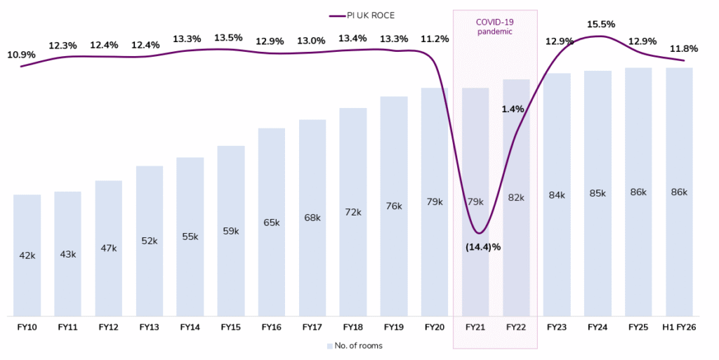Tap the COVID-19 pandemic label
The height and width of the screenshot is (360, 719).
494,27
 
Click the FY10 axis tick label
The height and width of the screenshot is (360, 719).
27,326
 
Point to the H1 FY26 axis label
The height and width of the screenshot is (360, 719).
679,326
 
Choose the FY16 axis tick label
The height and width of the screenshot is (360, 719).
271,326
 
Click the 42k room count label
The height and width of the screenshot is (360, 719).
27,255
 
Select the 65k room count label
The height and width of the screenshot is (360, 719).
271,222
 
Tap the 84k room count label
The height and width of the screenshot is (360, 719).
556,195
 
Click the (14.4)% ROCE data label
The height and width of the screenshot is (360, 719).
482,247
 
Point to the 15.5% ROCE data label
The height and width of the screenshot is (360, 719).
601,25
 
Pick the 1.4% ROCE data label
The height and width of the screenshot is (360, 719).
513,109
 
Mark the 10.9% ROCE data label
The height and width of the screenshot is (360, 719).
21,54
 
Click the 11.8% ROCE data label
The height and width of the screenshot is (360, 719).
684,48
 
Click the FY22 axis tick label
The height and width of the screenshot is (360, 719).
515,326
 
